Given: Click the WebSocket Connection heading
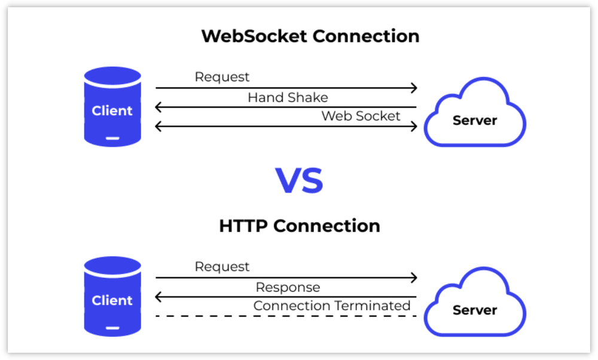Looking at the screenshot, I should coord(310,36).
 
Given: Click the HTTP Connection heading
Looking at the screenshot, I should coord(300,226).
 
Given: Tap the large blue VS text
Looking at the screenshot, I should coord(299,181).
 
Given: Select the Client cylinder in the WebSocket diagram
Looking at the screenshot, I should coord(112,106).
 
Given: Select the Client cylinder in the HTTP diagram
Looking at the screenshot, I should coord(112,297).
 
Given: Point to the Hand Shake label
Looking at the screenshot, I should coord(288,97).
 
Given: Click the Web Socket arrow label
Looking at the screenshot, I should coord(361,116).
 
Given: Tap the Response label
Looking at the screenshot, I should coord(288,287).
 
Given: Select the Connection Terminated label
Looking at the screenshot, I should coord(332,306).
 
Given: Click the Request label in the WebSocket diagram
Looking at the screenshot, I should coord(222,77).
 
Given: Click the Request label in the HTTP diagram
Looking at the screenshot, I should coord(222,267).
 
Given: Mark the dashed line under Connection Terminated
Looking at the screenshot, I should coord(286,316).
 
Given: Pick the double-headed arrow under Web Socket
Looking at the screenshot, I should coord(286,126).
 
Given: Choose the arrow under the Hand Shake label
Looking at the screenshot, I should coord(286,108).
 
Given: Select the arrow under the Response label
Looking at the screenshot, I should coord(286,297).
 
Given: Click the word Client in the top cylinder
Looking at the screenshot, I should coord(112,111).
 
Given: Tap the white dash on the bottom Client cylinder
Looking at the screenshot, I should coord(112,328).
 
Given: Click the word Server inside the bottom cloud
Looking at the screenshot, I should coord(475,310).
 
